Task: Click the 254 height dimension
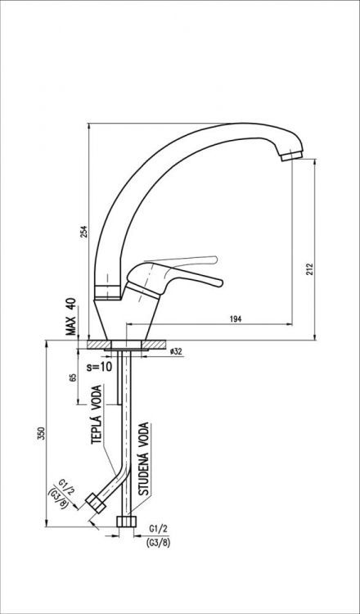83,232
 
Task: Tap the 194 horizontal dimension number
236,318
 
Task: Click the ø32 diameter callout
176,351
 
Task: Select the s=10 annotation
99,367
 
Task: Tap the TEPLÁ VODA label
97,414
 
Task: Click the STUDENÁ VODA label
144,458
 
